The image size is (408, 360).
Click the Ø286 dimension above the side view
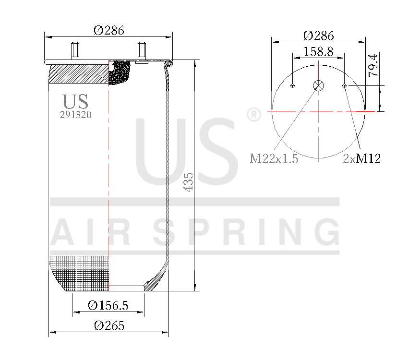(109, 30)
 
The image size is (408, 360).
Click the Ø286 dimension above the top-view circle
(318, 36)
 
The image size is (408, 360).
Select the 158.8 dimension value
(318, 51)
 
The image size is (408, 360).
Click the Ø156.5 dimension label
(108, 305)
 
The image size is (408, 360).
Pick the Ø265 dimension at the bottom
(109, 326)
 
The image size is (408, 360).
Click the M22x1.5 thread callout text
(274, 159)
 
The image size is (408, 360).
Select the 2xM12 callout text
(362, 159)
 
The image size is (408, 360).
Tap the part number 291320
(75, 115)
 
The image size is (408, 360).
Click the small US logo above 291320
(75, 101)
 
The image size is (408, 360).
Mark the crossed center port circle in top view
(319, 86)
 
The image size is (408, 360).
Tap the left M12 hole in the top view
(293, 86)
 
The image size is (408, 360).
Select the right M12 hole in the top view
(344, 86)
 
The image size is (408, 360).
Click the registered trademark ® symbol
(253, 115)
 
